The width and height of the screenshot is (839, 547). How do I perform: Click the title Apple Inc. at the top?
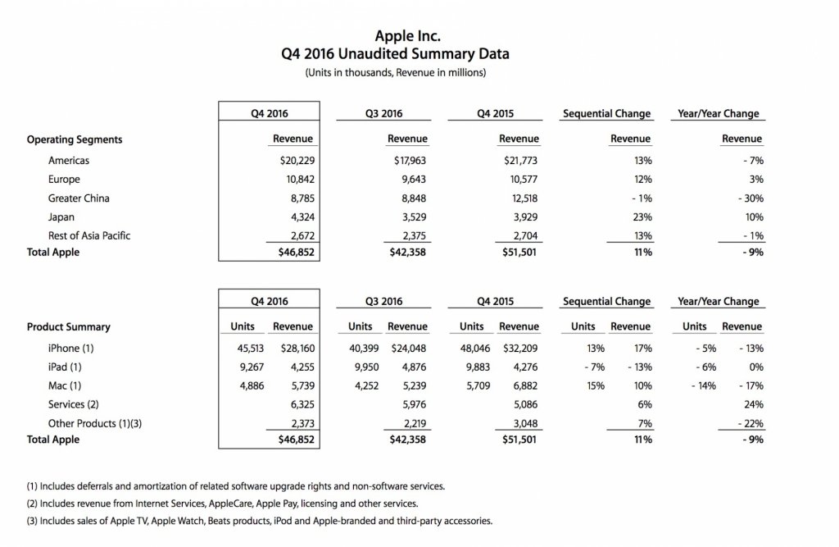coord(406,36)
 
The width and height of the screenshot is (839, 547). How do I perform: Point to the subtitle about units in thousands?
coord(407,72)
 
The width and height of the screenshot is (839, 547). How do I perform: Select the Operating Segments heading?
coord(75,139)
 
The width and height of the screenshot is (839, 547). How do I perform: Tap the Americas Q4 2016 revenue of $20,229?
coord(293,161)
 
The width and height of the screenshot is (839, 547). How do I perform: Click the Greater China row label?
coord(79,198)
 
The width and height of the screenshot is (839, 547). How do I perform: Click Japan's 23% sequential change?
coord(642,217)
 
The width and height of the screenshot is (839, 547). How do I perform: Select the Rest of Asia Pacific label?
coord(89,236)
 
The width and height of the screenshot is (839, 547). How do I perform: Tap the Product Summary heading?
coord(68,327)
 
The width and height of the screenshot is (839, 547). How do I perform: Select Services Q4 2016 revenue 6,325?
coord(297,404)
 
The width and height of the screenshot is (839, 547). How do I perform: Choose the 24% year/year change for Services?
coord(755,404)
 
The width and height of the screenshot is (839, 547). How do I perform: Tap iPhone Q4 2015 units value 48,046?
coord(471,348)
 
